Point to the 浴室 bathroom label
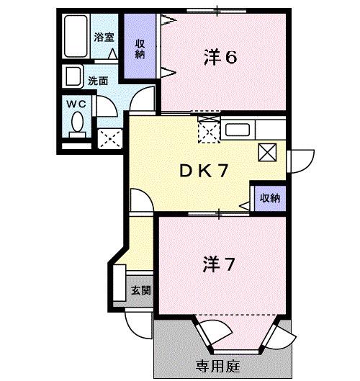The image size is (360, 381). [x=104, y=37]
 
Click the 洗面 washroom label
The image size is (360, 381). [x=98, y=81]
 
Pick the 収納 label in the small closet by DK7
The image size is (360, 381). [x=270, y=197]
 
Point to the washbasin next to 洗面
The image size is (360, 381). [x=73, y=76]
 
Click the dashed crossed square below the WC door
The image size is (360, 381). [x=109, y=137]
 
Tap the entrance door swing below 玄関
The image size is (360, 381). [x=136, y=321]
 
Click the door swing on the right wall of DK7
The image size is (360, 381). [x=299, y=159]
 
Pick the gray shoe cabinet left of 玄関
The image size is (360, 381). [x=120, y=283]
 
